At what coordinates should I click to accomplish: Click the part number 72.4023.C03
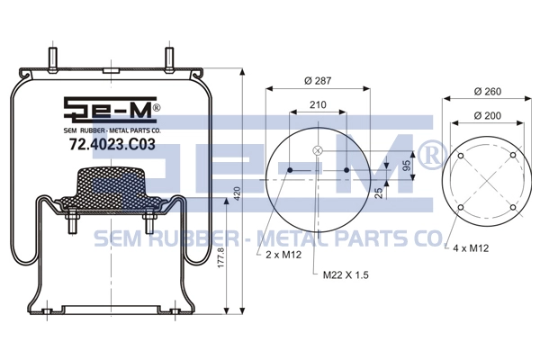(x=112, y=144)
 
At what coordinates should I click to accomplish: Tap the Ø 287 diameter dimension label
(x=318, y=81)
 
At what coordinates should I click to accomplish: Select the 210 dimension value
(x=318, y=104)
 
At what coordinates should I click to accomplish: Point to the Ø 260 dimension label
(x=487, y=92)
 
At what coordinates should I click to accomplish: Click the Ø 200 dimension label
(x=487, y=116)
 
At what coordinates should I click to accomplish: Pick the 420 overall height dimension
(x=237, y=194)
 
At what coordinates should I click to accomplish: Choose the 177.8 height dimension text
(x=220, y=257)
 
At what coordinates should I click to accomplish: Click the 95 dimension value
(x=407, y=165)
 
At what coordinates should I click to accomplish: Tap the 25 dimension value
(x=379, y=193)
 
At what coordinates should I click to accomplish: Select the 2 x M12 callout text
(x=283, y=255)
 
